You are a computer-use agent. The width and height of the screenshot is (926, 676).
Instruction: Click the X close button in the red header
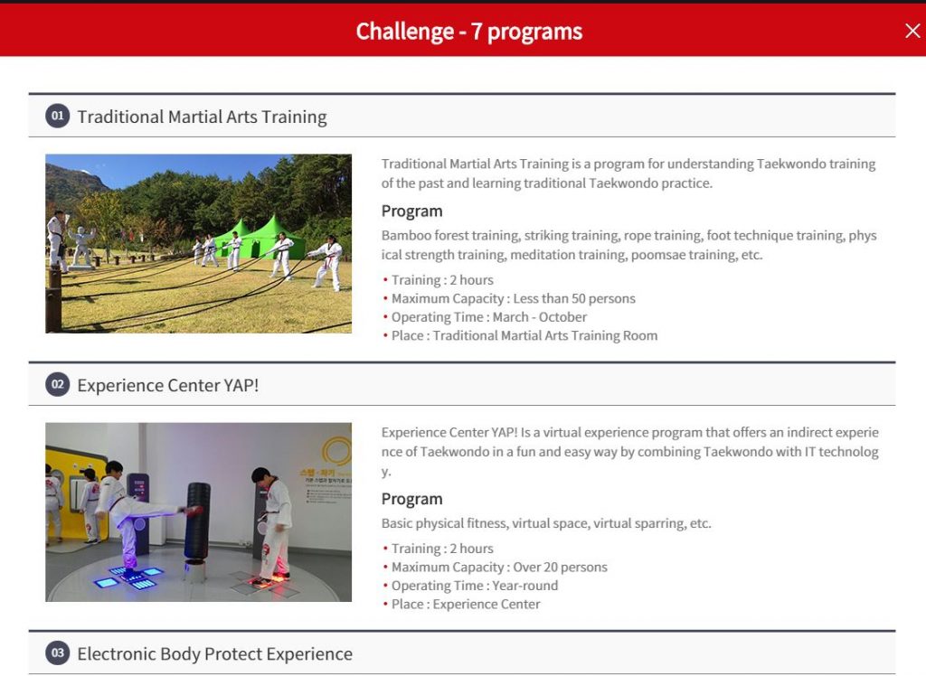pyautogui.click(x=912, y=31)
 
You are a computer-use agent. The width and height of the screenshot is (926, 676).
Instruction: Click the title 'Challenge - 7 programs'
pyautogui.click(x=469, y=32)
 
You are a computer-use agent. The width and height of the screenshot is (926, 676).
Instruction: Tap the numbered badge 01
pyautogui.click(x=57, y=116)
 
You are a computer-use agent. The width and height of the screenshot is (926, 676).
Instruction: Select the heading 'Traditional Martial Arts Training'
pyautogui.click(x=202, y=117)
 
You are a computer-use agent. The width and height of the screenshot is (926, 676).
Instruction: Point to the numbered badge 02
pyautogui.click(x=57, y=384)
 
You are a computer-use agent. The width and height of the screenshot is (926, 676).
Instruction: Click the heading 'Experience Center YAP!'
pyautogui.click(x=167, y=386)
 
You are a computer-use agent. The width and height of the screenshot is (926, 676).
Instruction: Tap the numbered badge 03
pyautogui.click(x=57, y=653)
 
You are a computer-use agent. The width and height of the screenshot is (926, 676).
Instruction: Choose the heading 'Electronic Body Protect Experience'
pyautogui.click(x=215, y=654)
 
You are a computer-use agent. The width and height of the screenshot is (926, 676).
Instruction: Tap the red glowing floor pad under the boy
pyautogui.click(x=269, y=581)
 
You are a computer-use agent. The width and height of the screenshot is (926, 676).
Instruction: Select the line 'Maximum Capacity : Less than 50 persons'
pyautogui.click(x=514, y=299)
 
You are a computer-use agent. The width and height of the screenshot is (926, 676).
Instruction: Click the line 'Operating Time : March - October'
pyautogui.click(x=489, y=317)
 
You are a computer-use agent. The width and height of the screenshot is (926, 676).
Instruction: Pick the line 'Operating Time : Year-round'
pyautogui.click(x=474, y=586)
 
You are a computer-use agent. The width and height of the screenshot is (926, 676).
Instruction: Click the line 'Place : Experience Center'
pyautogui.click(x=466, y=605)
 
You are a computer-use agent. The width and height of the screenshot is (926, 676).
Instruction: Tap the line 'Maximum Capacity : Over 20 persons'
pyautogui.click(x=499, y=568)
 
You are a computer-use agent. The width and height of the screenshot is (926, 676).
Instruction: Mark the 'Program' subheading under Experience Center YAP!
pyautogui.click(x=411, y=500)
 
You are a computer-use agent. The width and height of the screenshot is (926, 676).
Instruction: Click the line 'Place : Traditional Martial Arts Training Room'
pyautogui.click(x=524, y=336)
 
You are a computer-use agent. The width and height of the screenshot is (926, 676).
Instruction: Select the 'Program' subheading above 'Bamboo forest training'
pyautogui.click(x=411, y=211)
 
